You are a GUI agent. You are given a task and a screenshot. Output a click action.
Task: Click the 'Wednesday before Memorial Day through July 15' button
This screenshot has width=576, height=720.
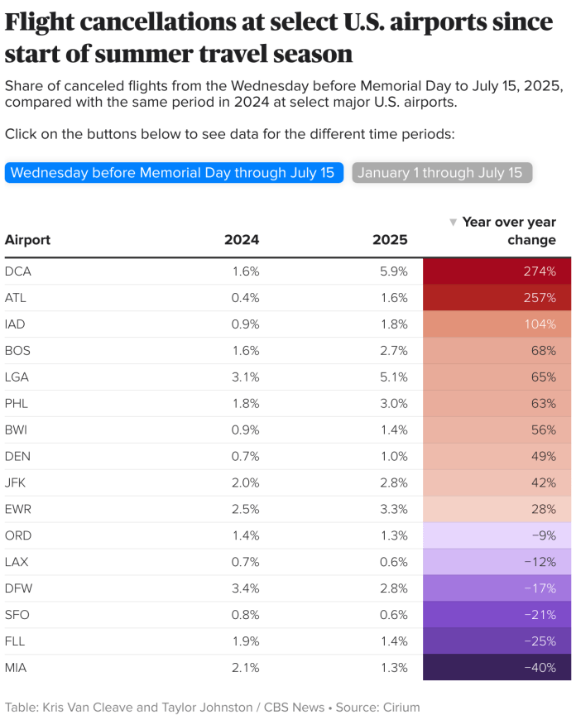tap(174, 172)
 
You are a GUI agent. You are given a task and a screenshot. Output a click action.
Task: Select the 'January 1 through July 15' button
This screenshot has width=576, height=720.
tap(442, 172)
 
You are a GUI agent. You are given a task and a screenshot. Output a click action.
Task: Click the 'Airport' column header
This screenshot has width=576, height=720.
tap(27, 240)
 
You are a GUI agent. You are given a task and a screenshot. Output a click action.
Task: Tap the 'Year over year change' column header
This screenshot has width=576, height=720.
tap(508, 231)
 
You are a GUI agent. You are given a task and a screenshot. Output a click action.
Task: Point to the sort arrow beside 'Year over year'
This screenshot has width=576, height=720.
tap(453, 223)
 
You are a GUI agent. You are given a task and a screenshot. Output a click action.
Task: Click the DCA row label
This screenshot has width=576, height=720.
tap(18, 271)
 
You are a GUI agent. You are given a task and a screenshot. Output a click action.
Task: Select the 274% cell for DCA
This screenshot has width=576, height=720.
tap(497, 271)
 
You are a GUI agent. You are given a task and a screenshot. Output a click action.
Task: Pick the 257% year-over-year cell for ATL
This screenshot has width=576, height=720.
tap(497, 297)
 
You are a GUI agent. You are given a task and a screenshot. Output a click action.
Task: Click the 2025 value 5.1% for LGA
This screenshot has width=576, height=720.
tap(393, 377)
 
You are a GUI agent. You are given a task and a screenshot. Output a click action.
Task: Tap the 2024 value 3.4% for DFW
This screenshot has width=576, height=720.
tap(245, 588)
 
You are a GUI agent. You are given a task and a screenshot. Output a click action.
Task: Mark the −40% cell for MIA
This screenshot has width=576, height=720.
tap(497, 667)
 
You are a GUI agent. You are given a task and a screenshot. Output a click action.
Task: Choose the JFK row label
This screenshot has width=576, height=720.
tap(17, 482)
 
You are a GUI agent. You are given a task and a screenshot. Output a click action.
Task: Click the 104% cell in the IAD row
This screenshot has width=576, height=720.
tap(497, 324)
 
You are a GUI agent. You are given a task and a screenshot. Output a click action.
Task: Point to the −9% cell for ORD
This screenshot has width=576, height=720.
tap(497, 535)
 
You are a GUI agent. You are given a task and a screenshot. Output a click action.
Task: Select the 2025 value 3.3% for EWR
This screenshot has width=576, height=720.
tap(393, 509)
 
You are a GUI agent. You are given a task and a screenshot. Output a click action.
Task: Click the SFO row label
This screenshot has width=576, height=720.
tap(17, 614)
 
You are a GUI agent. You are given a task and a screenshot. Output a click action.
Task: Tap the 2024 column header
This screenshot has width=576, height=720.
tap(242, 240)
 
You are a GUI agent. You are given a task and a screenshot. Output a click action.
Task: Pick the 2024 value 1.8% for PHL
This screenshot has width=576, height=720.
tap(246, 403)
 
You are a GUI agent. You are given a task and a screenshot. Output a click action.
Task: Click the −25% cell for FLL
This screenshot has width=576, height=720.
tap(497, 641)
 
